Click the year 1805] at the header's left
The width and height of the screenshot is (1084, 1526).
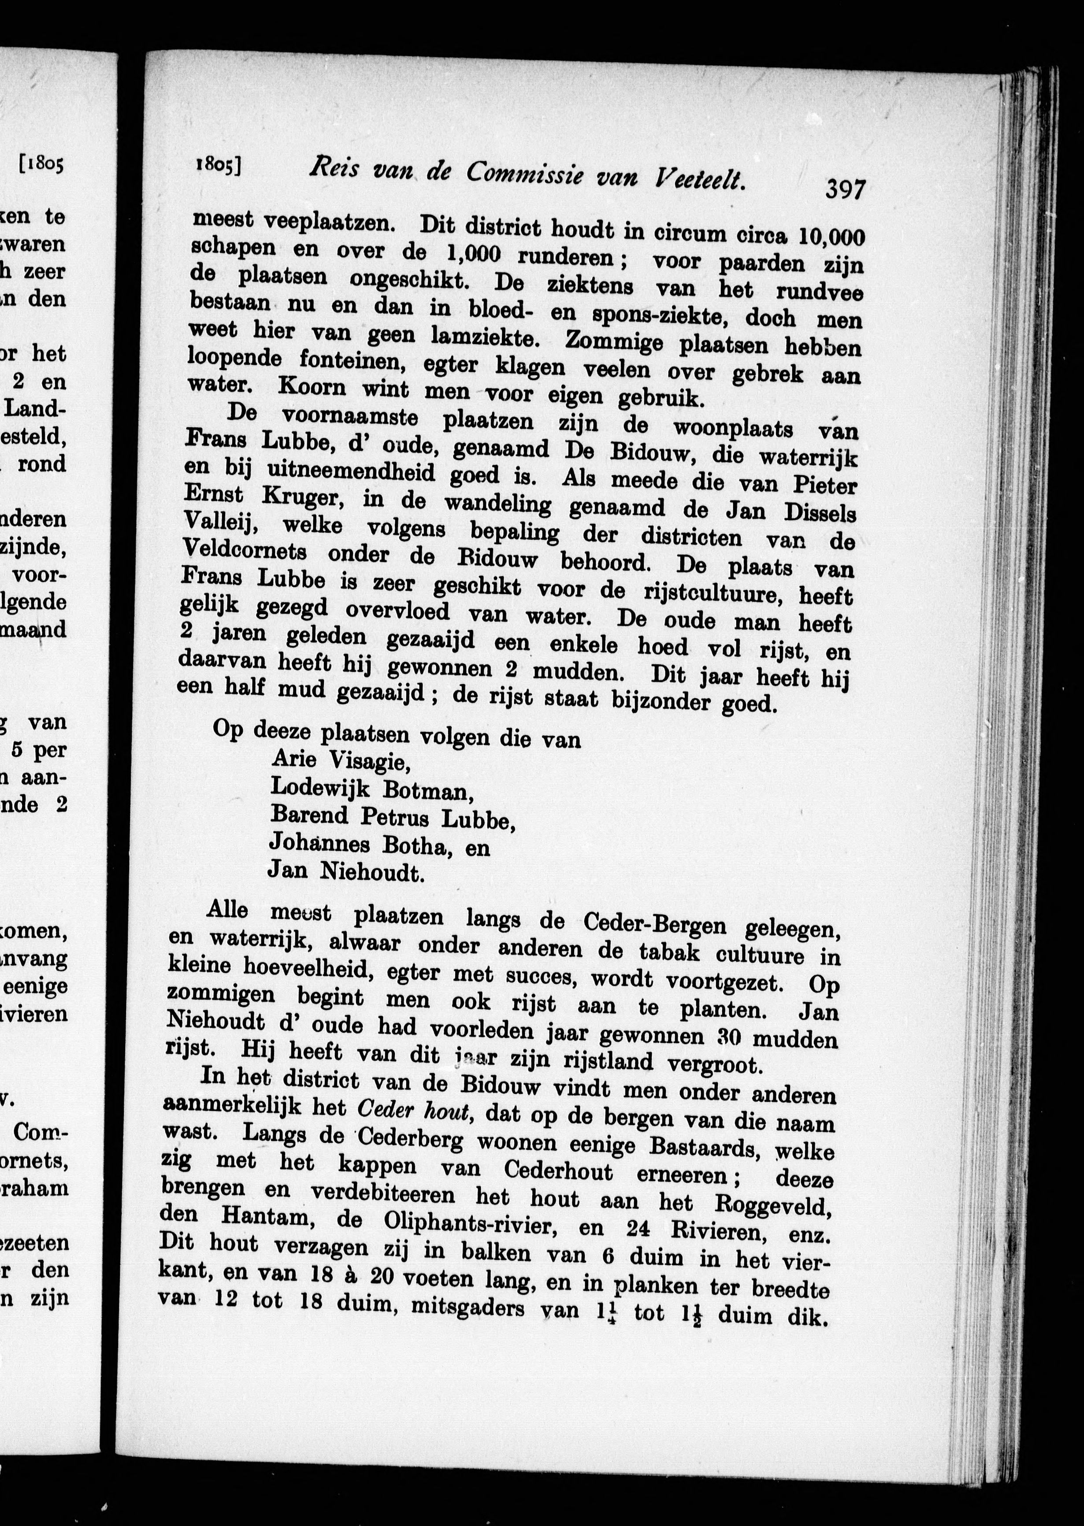(218, 165)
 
